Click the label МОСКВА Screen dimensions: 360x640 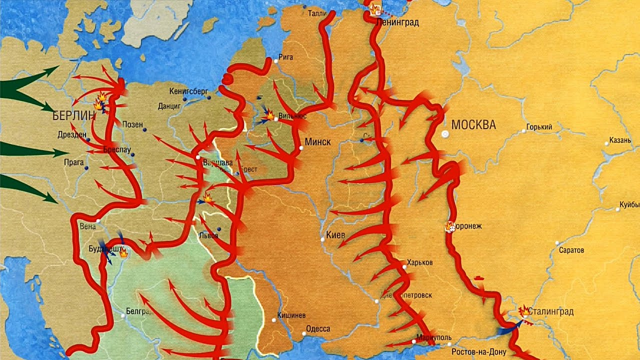click(473, 125)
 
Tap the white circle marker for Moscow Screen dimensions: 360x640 click(445, 134)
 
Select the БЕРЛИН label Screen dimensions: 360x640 click(73, 116)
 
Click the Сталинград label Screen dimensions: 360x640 click(551, 312)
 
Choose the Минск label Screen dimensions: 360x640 click(318, 142)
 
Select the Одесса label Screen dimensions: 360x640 click(317, 328)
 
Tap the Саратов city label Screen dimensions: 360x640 click(572, 250)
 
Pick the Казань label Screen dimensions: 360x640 click(620, 140)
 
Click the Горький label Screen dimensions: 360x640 click(540, 127)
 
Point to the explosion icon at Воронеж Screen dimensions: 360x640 click(450, 227)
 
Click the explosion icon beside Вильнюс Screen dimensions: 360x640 click(270, 115)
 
